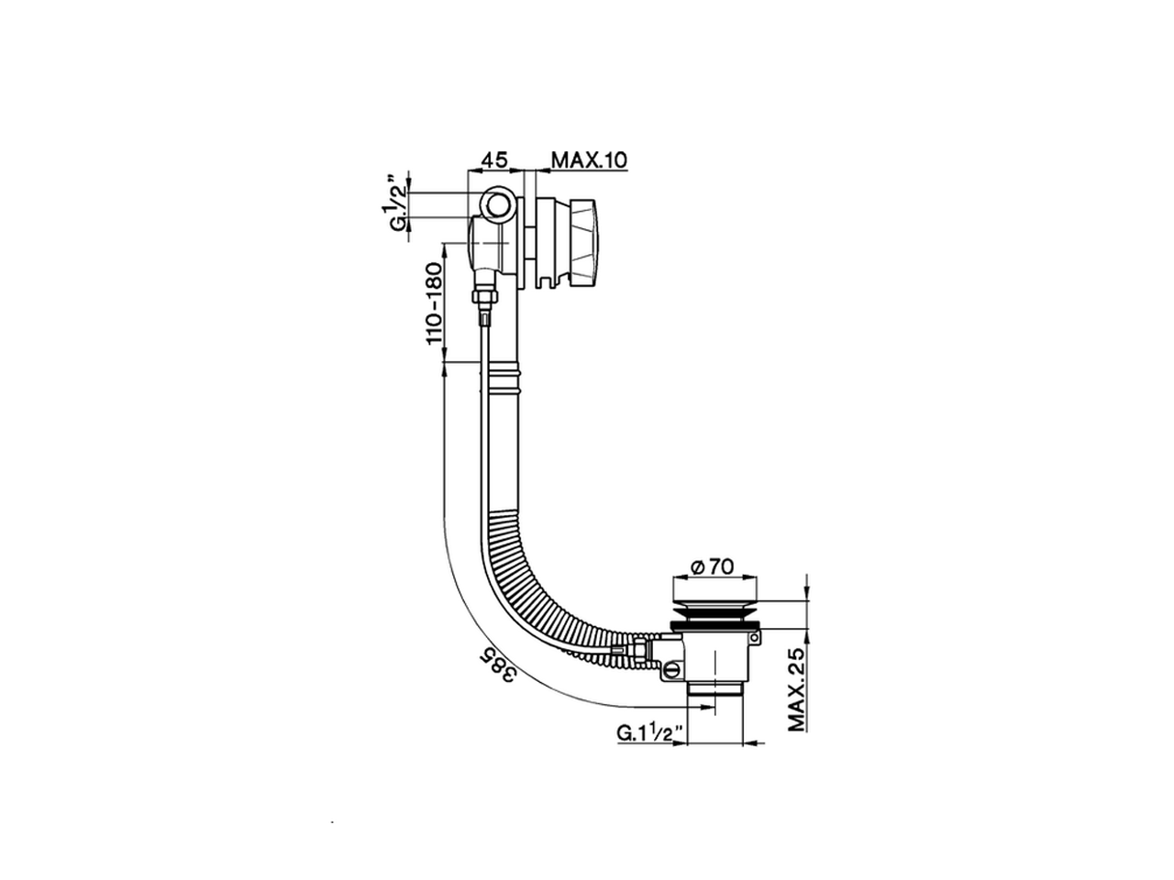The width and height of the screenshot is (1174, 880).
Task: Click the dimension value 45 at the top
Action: click(x=495, y=159)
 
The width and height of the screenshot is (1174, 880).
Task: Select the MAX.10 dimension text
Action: click(x=588, y=159)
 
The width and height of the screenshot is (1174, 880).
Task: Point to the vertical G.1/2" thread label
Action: click(x=396, y=203)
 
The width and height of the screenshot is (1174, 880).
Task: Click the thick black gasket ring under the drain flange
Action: click(x=715, y=624)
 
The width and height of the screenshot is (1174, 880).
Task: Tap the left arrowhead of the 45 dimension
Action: click(x=472, y=170)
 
